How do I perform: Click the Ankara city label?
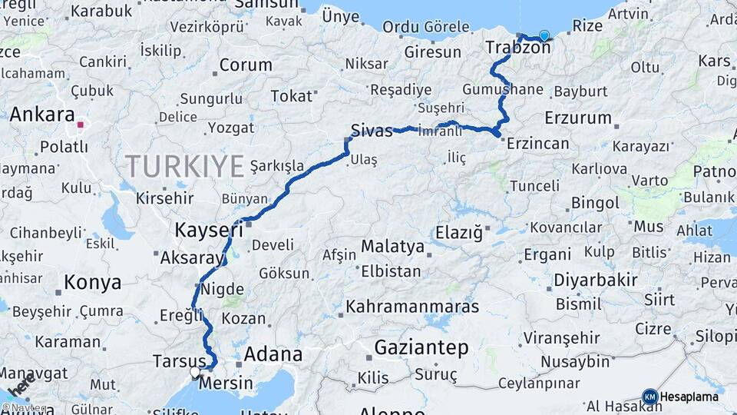tap(42, 115)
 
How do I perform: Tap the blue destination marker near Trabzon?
tap(544, 35)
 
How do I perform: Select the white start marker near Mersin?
tap(195, 372)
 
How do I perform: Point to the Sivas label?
tap(372, 130)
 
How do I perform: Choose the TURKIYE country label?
tap(185, 165)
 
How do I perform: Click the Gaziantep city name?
tap(421, 348)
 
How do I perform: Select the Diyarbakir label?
tap(596, 281)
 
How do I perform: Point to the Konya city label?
tap(92, 283)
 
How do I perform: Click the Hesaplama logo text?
tap(690, 397)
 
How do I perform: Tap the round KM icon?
tap(649, 397)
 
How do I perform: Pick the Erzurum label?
tap(578, 118)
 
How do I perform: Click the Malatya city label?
tap(392, 247)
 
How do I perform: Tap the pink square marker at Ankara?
tap(80, 124)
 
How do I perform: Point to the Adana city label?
tap(273, 355)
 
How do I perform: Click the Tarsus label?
tap(179, 361)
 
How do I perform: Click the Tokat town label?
tap(292, 96)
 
